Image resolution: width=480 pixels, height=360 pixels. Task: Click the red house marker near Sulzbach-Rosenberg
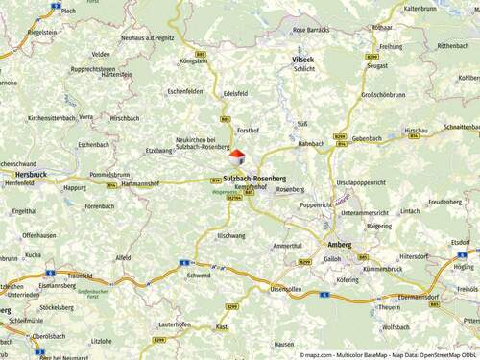pos(236,157)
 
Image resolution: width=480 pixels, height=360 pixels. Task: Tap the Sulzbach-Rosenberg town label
pos(254,178)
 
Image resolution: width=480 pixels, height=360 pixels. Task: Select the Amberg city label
pos(341,245)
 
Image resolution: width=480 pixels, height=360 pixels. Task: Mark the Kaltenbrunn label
pos(420,8)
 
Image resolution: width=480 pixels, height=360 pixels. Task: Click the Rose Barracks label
pos(310,30)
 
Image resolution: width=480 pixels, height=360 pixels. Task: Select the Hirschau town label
pos(416,130)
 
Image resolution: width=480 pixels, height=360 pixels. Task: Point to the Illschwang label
pos(231,235)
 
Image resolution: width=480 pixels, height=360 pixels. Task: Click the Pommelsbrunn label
pos(108,175)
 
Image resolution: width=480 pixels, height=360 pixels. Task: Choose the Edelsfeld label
pos(236,94)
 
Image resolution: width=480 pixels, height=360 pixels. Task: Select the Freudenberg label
pos(444,202)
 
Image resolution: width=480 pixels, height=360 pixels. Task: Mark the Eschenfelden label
pos(185,91)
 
